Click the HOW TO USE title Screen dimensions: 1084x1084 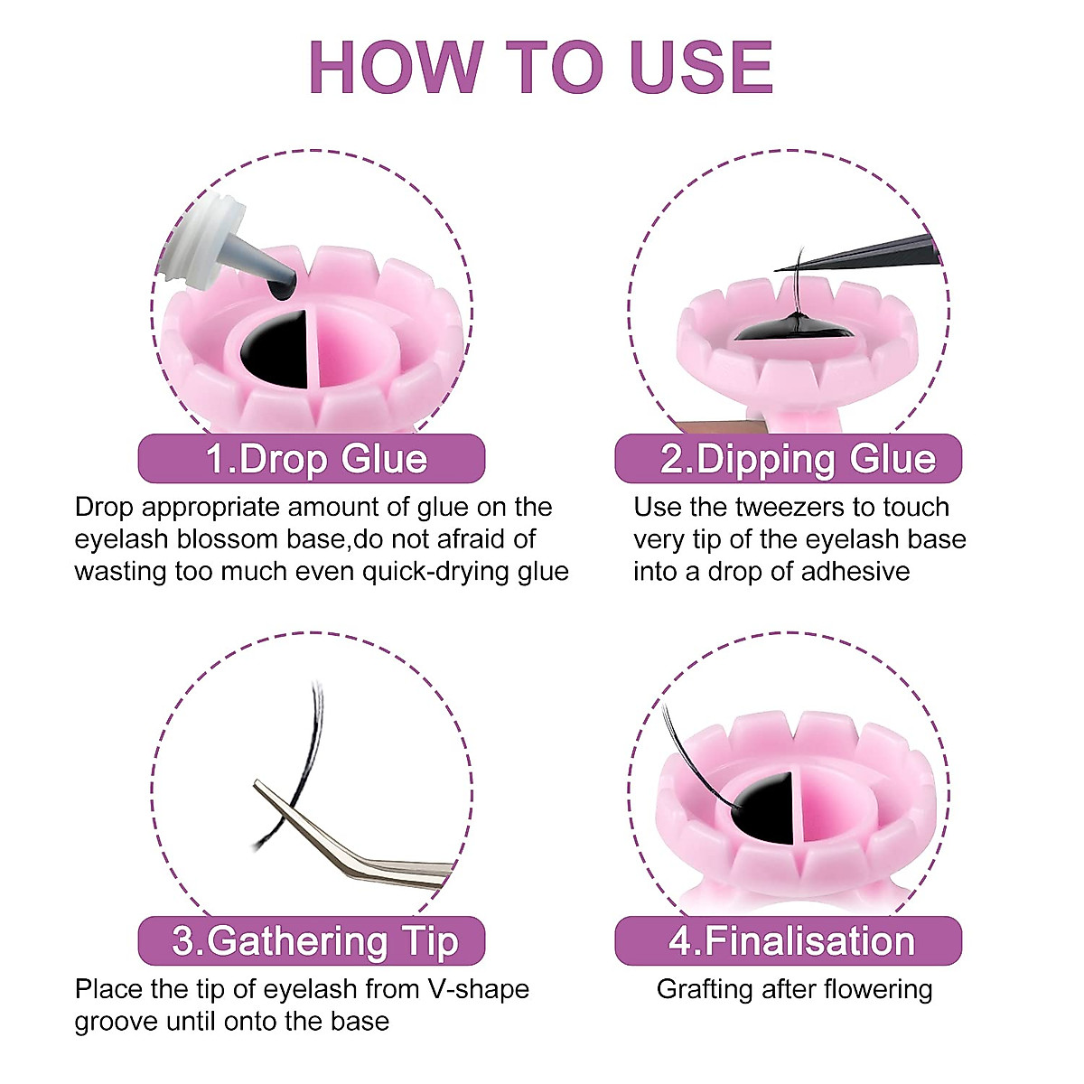pyautogui.click(x=540, y=67)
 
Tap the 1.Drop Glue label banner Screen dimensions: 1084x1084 pyautogui.click(x=312, y=459)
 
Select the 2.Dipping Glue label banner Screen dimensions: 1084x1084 pyautogui.click(x=788, y=459)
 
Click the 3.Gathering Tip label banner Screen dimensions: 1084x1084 pyautogui.click(x=312, y=941)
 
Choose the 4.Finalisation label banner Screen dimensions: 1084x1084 pyautogui.click(x=788, y=941)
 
